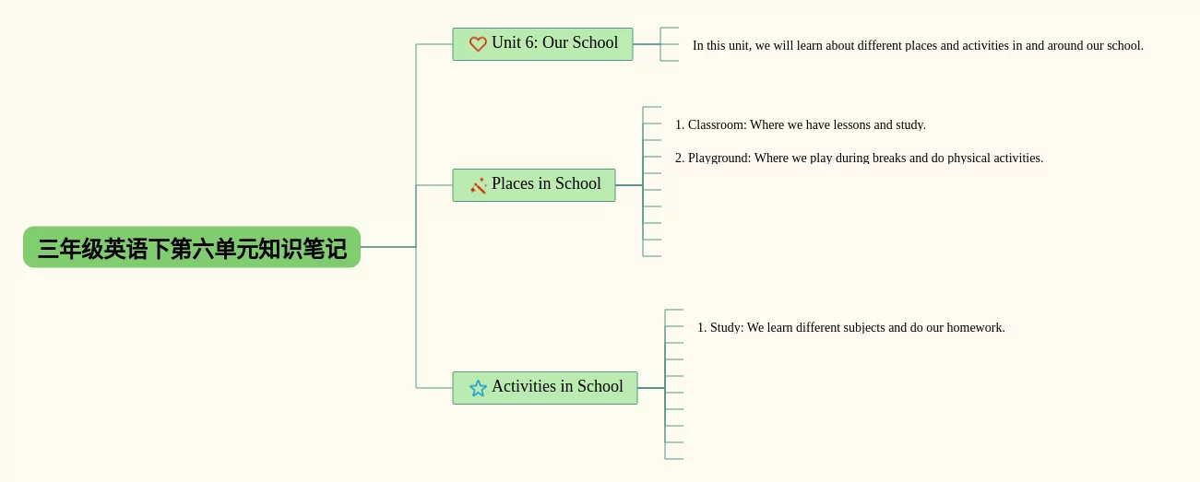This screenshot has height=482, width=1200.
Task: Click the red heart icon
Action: pos(478,44)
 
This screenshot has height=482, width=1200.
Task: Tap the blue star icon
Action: pos(478,388)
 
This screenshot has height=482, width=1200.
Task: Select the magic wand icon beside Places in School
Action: pos(478,185)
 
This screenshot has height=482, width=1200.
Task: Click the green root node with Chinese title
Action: pos(192,247)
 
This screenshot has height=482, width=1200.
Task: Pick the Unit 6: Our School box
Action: pos(542,44)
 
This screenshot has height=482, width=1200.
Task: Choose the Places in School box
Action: pos(534,185)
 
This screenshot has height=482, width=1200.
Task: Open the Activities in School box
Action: pos(545,388)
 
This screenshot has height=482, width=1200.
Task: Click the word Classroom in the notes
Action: pos(717,124)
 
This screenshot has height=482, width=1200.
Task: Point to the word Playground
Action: pos(719,159)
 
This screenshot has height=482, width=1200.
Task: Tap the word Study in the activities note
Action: pos(726,328)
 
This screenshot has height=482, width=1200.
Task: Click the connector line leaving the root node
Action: pos(388,247)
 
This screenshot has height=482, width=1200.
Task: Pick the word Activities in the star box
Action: pos(524,386)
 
